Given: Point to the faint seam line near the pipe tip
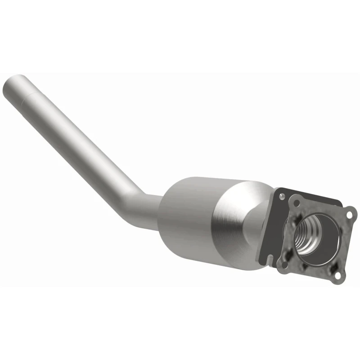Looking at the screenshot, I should click(32, 96).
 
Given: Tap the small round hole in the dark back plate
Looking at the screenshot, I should click(281, 197).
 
